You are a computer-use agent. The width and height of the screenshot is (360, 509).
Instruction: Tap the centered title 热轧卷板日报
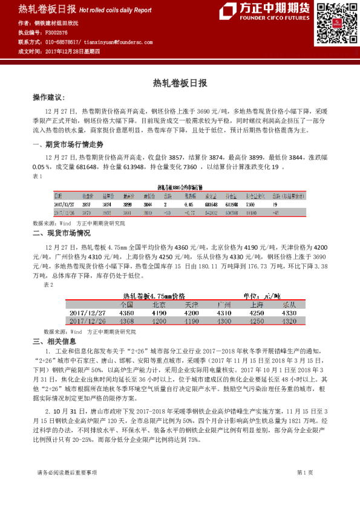coord(180,83)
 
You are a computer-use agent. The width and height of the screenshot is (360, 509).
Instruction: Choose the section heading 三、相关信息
coord(54,342)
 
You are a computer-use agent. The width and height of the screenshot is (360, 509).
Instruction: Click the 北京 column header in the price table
coord(159,305)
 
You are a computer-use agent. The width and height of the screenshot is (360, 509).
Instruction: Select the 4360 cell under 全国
coord(127,313)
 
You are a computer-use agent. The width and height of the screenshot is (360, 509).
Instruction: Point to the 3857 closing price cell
coord(88,204)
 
